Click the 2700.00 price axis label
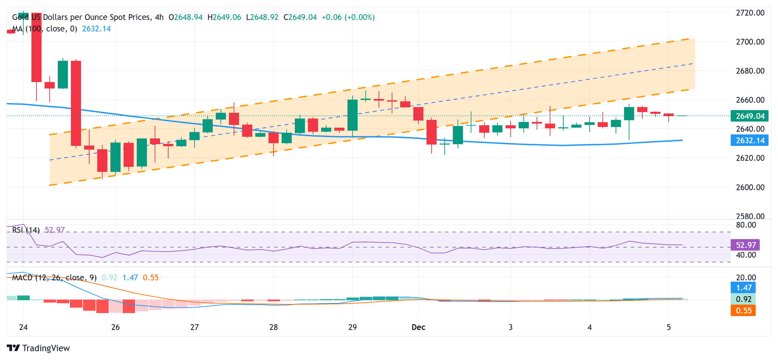click(750, 42)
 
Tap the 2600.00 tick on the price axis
click(750, 187)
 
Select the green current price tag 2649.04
click(749, 116)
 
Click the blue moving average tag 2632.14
click(749, 140)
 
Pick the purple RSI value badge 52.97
click(745, 245)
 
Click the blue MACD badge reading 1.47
click(743, 288)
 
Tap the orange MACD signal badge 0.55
click(743, 311)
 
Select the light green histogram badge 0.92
click(743, 299)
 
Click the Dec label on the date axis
click(418, 327)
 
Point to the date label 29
click(353, 327)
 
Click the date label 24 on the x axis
click(23, 327)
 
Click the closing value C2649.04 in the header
click(300, 17)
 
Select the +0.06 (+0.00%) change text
click(348, 17)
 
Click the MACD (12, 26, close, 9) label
click(54, 278)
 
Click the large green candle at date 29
click(353, 115)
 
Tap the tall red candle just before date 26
click(76, 103)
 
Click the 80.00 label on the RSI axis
click(746, 225)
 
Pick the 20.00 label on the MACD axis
click(746, 278)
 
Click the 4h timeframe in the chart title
click(159, 17)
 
